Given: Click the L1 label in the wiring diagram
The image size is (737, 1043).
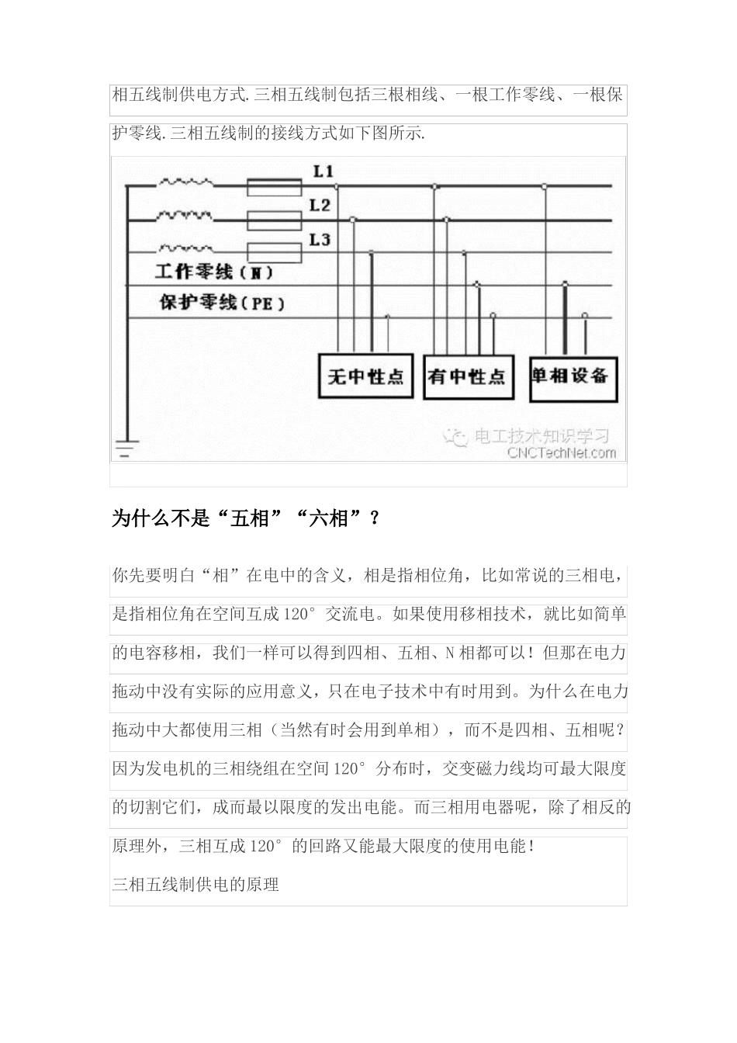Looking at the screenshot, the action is click(324, 172).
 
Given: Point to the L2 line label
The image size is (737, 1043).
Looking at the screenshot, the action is click(320, 206).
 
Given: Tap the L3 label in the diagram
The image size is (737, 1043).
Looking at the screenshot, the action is click(320, 240).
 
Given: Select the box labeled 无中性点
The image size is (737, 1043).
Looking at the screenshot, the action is click(365, 376).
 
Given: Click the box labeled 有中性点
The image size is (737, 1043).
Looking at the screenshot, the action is click(466, 376).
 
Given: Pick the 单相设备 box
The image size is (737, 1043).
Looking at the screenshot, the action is click(573, 376).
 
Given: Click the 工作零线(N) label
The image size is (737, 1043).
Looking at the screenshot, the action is click(214, 272).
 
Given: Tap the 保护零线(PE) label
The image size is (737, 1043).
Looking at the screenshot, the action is click(222, 303).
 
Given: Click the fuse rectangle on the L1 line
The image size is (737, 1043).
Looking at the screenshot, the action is click(274, 187).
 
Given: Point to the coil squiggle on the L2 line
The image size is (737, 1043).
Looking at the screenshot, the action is click(185, 215).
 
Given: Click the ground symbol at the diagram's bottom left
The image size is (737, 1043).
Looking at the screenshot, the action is click(126, 449).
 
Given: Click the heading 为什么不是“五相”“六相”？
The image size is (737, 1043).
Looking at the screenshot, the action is click(247, 518).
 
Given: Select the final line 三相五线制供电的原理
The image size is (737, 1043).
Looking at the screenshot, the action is click(195, 884).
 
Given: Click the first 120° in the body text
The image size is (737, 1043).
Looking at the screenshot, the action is click(300, 614).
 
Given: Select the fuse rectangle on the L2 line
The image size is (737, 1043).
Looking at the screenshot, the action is click(274, 220).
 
